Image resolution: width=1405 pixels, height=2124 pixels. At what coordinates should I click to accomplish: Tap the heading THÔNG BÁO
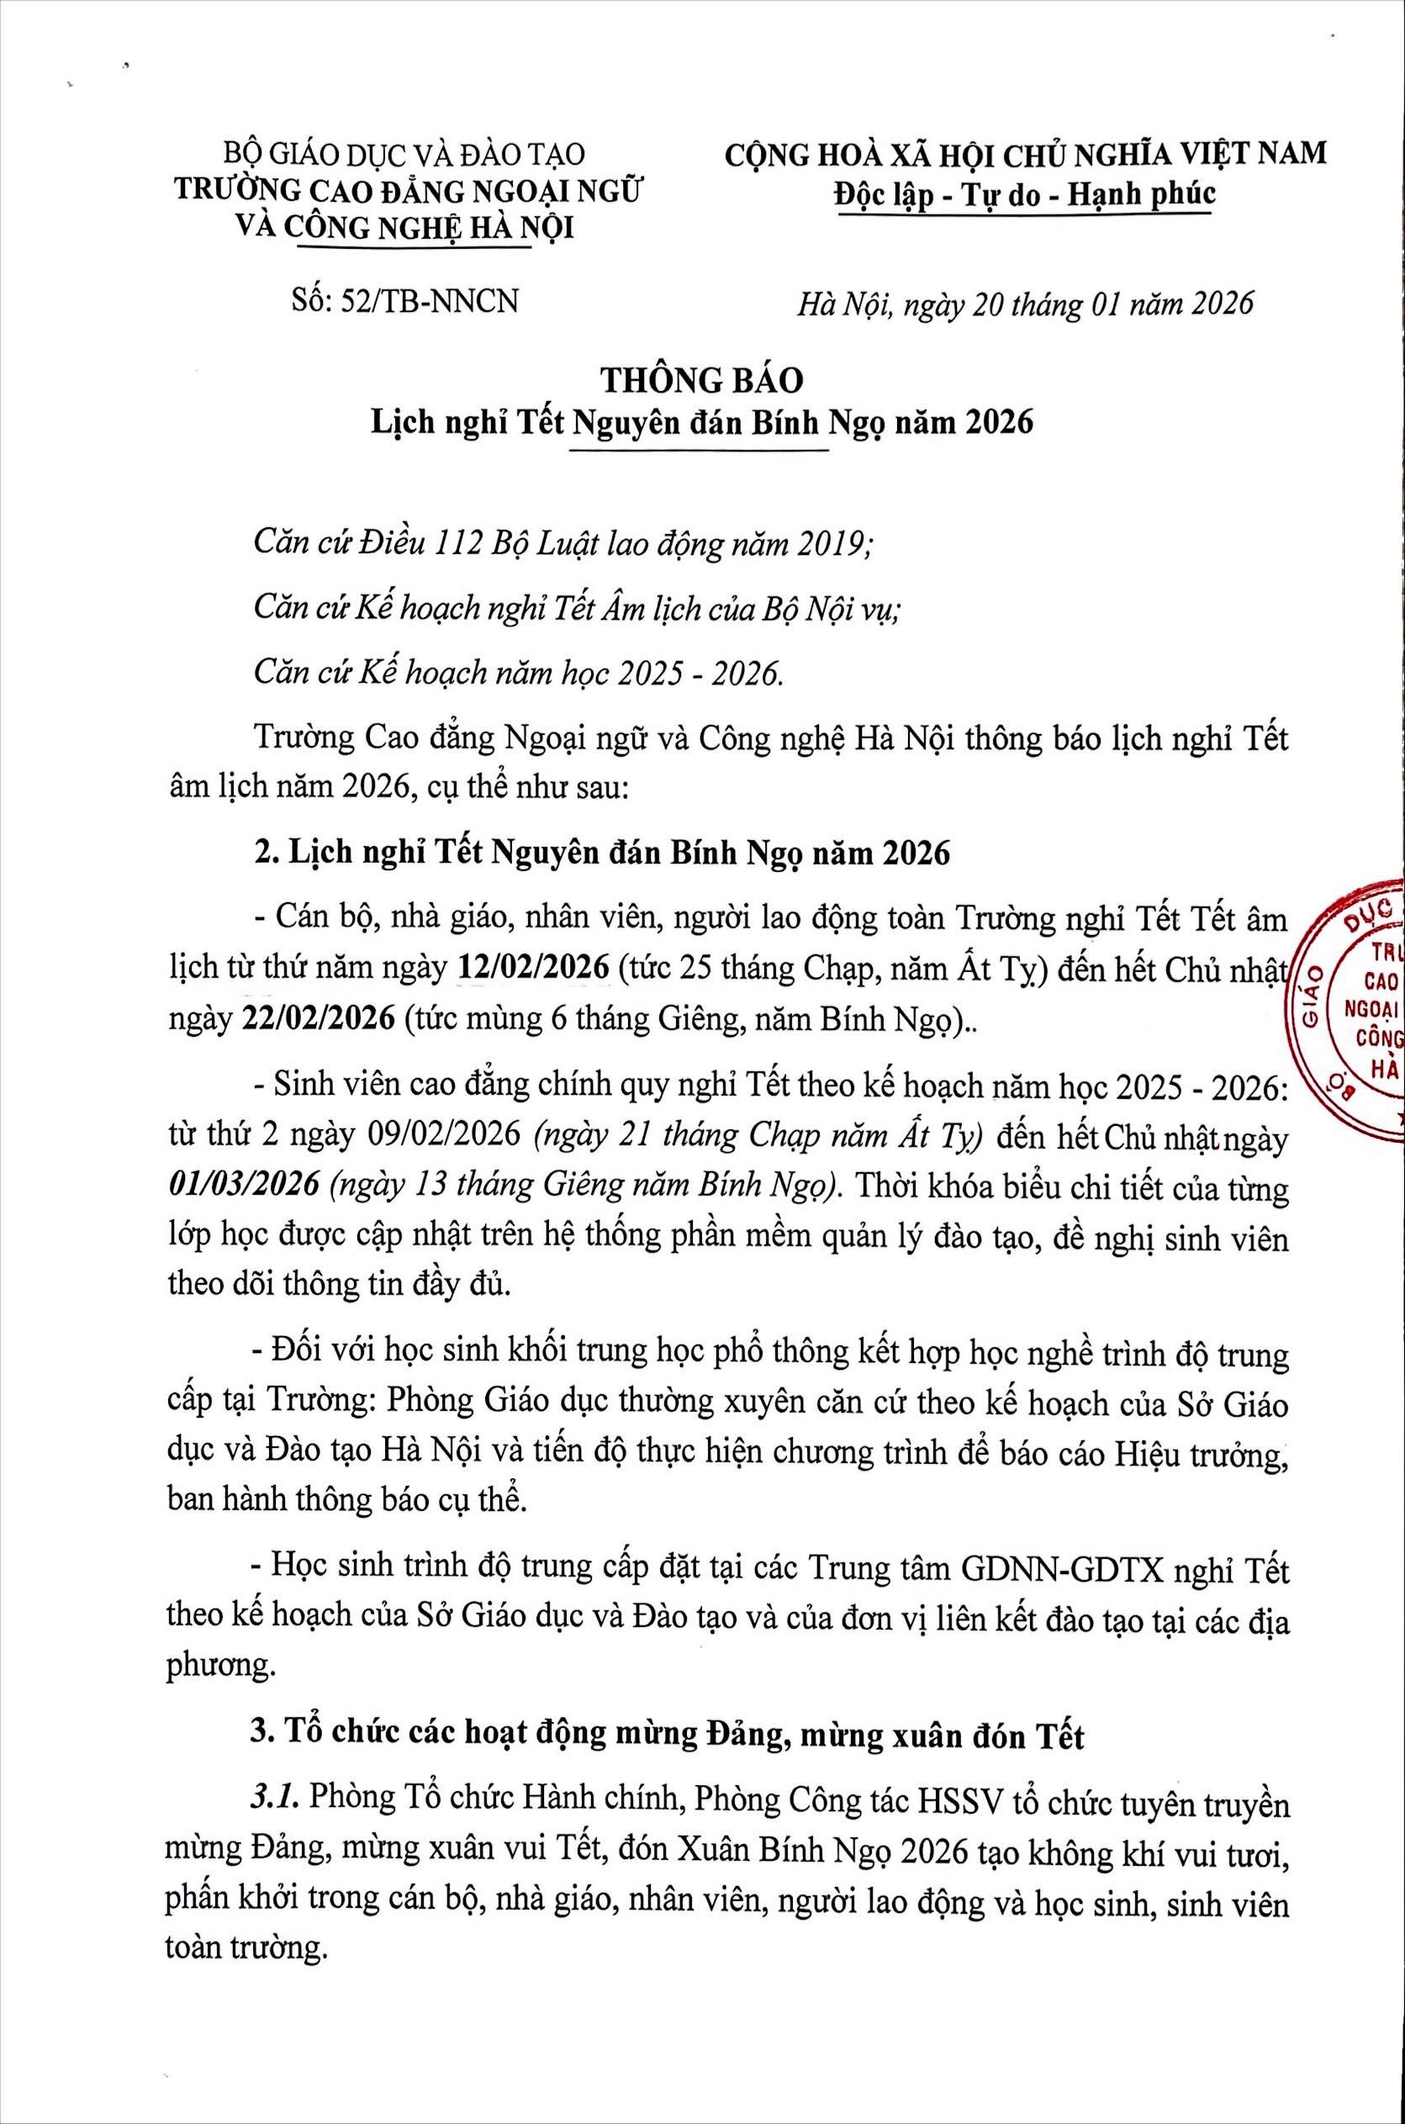703,381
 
